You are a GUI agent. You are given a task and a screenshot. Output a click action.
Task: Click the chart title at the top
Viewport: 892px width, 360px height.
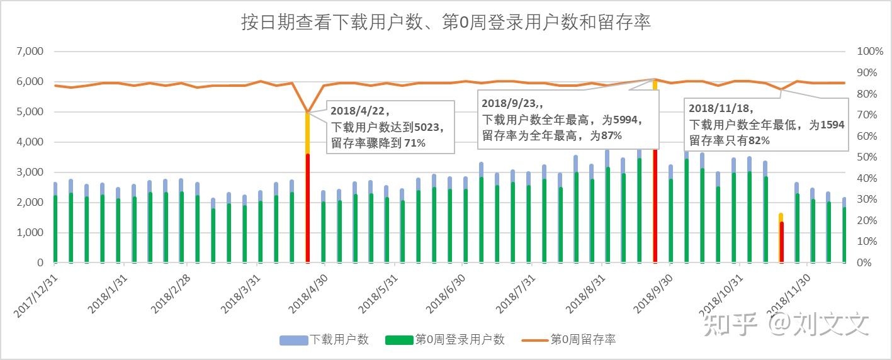click(446, 23)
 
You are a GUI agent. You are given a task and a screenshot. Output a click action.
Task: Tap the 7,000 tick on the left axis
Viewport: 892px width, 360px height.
click(30, 52)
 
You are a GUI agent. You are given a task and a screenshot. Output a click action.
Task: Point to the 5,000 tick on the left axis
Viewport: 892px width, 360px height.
click(30, 112)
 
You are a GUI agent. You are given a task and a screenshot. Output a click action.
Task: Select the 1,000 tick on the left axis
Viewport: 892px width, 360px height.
click(30, 233)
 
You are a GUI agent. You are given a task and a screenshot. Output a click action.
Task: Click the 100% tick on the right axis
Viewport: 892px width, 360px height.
click(871, 52)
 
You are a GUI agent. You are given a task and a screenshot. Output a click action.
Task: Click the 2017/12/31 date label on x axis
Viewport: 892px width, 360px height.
click(37, 293)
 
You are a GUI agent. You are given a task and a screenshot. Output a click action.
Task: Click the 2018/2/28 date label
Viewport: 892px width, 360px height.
click(171, 293)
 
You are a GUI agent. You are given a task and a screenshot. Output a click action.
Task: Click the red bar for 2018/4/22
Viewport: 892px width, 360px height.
click(307, 208)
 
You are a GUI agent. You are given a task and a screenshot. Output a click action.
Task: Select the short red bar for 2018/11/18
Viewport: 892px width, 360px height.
click(782, 242)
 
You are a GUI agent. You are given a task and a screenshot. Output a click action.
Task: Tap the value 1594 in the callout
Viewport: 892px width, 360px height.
click(832, 125)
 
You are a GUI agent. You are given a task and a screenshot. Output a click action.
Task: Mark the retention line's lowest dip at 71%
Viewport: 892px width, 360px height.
click(307, 112)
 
